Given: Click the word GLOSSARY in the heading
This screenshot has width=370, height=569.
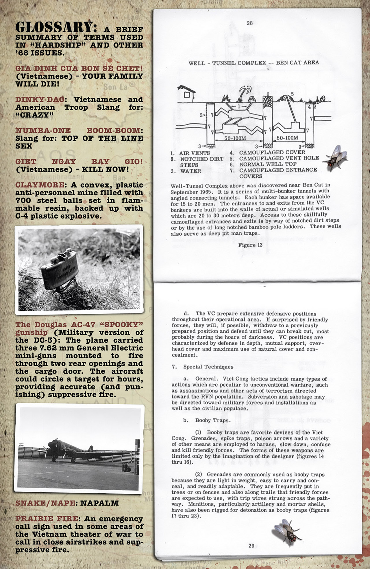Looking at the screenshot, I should point(54,27).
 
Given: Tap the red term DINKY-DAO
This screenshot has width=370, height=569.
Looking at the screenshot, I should point(40,100).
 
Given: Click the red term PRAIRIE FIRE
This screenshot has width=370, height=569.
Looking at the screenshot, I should point(46,519).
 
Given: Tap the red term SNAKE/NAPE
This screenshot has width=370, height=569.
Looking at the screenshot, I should point(45,503).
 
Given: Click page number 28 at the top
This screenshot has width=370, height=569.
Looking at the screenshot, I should point(250,23).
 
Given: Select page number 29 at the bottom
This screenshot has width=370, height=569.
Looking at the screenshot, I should point(251,546).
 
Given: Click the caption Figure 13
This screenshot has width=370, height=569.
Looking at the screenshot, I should point(250,245).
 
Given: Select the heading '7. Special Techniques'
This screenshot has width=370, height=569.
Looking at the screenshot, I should point(203,367).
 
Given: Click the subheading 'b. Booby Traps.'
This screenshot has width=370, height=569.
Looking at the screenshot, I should point(207,420).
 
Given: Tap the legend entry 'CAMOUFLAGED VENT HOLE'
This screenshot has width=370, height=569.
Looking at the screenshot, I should point(279,158).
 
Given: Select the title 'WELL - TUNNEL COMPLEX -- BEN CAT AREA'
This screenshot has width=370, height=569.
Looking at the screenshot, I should point(254,63).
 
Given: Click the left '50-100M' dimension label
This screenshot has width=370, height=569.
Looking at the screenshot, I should point(235,138).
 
